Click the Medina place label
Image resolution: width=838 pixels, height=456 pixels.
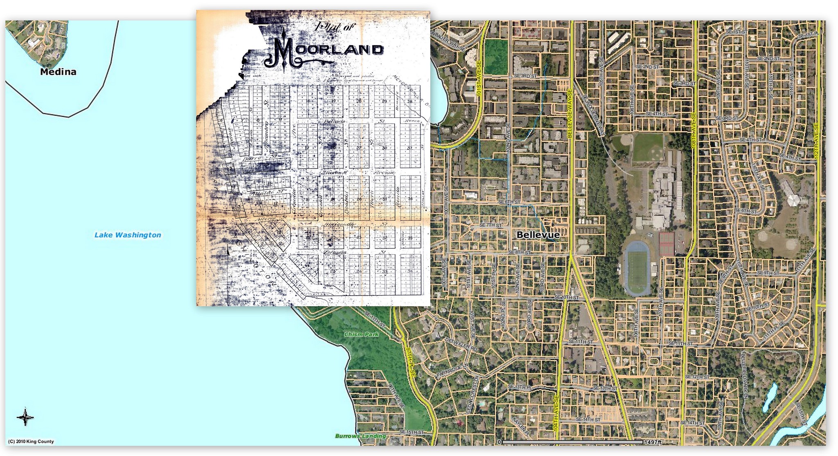(58, 72)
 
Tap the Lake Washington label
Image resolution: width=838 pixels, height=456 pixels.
(128, 235)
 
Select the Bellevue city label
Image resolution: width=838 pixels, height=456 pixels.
(538, 235)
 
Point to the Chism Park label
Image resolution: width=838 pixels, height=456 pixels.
(361, 334)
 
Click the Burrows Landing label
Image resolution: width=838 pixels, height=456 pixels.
(360, 436)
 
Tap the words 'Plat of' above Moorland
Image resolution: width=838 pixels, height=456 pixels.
(335, 27)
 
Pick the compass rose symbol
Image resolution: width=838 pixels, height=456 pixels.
(25, 417)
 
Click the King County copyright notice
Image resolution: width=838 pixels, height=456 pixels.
(31, 442)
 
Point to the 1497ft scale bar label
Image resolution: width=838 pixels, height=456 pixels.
(653, 442)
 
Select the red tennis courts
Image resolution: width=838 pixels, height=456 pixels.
(666, 244)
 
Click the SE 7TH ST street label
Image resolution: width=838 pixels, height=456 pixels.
(490, 226)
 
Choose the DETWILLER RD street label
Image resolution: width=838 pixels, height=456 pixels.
(461, 345)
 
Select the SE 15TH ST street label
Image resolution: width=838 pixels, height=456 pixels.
(411, 432)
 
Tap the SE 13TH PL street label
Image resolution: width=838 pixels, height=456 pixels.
(519, 387)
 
